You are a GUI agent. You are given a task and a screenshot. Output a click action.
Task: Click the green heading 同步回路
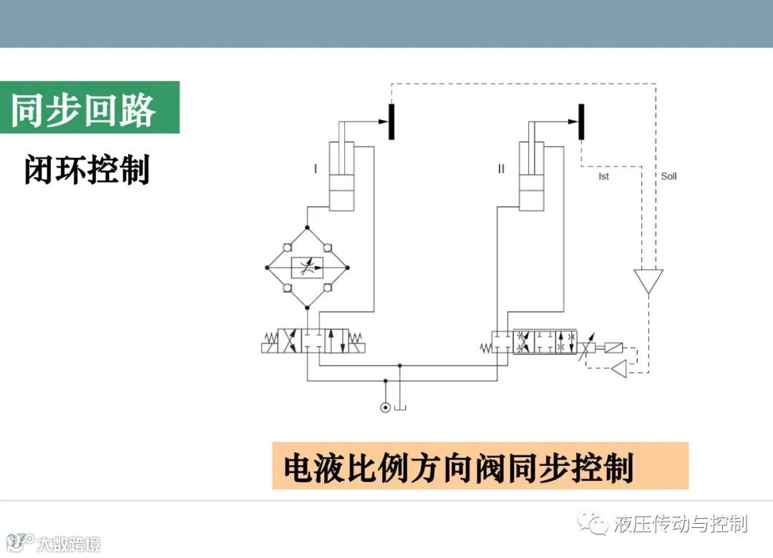tap(83, 108)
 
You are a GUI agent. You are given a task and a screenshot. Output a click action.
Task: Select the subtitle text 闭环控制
tap(87, 171)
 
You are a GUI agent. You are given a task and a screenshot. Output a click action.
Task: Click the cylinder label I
tap(315, 169)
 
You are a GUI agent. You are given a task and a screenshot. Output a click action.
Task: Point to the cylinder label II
tap(501, 169)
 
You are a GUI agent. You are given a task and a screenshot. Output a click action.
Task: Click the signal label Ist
tap(603, 176)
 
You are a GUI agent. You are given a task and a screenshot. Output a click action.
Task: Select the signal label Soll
tap(669, 176)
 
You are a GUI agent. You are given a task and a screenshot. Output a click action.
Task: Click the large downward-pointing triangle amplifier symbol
tap(648, 280)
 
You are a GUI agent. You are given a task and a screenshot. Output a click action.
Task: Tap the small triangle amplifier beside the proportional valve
tap(618, 369)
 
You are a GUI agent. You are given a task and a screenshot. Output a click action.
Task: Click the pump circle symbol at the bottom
tap(386, 408)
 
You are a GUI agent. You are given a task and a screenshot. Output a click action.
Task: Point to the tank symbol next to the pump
tap(400, 407)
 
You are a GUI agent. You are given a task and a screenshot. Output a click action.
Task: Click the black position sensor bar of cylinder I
tap(392, 121)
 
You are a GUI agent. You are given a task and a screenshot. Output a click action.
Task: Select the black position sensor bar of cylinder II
tap(581, 121)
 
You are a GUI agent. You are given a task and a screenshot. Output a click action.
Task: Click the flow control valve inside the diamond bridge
tap(306, 268)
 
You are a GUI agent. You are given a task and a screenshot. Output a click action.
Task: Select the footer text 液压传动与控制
tap(681, 524)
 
